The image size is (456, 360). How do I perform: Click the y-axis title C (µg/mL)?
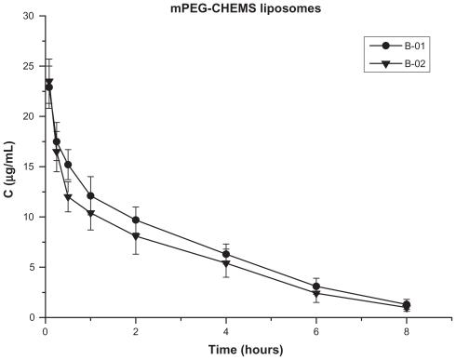9,167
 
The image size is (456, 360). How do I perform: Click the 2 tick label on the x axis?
137,329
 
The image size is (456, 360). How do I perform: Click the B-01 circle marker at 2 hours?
137,220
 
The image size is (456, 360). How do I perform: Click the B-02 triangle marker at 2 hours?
137,236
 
